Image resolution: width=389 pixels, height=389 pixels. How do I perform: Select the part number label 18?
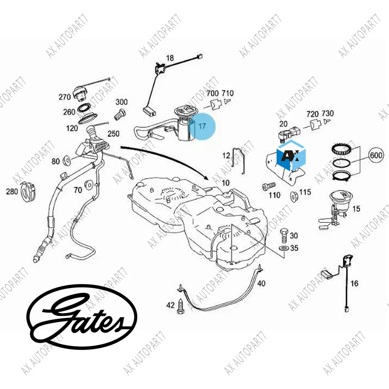[170, 58]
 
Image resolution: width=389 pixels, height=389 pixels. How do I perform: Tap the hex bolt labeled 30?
[283, 235]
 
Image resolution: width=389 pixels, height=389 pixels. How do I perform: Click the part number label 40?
[261, 283]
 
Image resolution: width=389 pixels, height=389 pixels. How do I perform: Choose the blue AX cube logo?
[291, 156]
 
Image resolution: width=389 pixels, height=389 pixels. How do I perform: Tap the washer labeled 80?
[67, 161]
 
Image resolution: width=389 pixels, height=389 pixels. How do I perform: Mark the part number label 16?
[354, 284]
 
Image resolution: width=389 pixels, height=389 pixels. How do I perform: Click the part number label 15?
[356, 209]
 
